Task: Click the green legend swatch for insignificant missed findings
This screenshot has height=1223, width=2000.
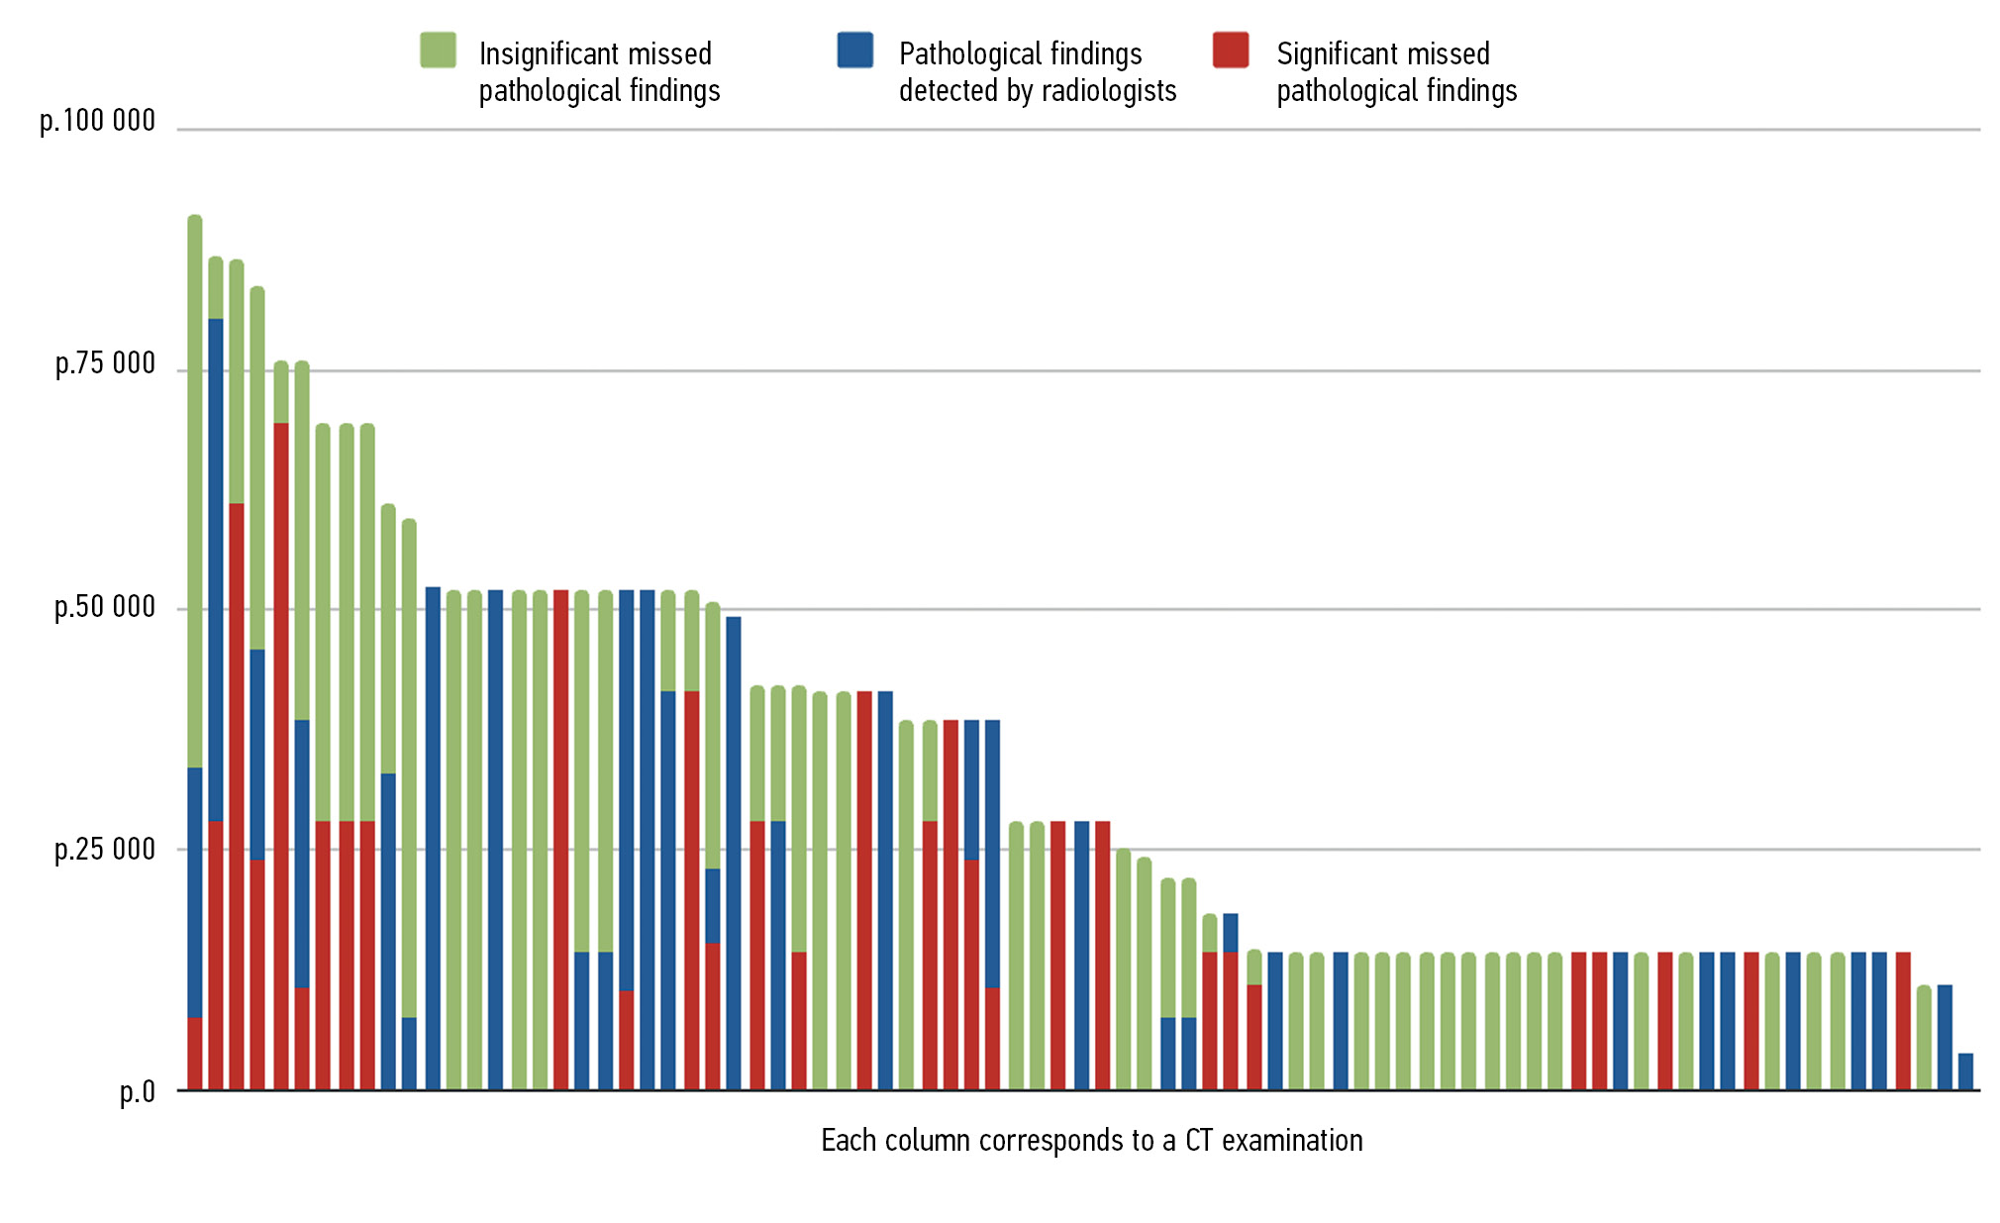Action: coord(438,51)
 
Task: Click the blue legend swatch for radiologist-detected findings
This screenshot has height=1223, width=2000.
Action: coord(854,51)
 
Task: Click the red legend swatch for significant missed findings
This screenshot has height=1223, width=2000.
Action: coord(1231,51)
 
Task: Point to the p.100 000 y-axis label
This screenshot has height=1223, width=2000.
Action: coord(98,121)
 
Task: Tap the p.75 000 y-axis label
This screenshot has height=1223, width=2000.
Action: coord(105,363)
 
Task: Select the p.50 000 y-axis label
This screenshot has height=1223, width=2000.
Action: coord(105,606)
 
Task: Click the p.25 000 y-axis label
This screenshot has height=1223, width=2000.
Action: coord(105,849)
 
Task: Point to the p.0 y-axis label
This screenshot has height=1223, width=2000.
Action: coord(138,1091)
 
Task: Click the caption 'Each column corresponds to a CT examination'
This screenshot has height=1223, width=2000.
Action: coord(1091,1140)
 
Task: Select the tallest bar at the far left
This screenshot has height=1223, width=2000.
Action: coord(195,654)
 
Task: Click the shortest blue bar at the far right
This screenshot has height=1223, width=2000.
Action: coord(1965,1071)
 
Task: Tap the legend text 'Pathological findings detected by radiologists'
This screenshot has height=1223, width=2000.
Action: coord(1037,71)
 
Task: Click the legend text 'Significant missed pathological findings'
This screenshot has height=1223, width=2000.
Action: coord(1396,71)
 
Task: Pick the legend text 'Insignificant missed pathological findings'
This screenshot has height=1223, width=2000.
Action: coord(599,71)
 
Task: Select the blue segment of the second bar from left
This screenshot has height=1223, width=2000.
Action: coord(216,569)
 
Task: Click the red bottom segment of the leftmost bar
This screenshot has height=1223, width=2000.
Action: coord(195,1054)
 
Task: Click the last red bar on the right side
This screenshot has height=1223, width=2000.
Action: coord(1903,1021)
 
